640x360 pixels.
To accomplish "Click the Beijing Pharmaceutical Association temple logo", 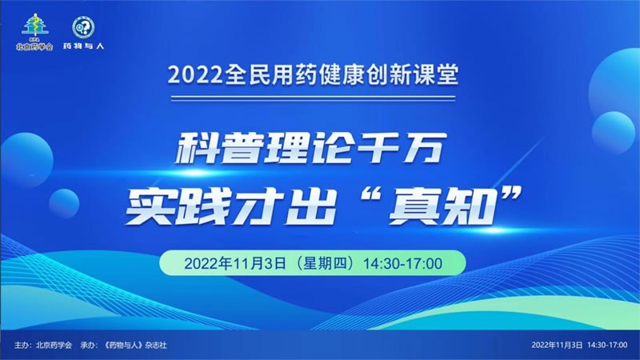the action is pyautogui.click(x=35, y=26).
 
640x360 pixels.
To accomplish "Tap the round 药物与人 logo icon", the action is pyautogui.click(x=84, y=28).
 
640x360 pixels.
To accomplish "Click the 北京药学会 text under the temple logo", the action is pyautogui.click(x=34, y=46).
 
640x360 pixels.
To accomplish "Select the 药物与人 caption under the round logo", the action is pyautogui.click(x=84, y=46).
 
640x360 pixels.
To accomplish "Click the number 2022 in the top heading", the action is pyautogui.click(x=195, y=75).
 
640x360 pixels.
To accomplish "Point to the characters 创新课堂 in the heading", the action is pyautogui.click(x=412, y=74).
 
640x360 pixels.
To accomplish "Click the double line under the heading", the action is pyautogui.click(x=313, y=98).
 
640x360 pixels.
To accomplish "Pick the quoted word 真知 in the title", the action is pyautogui.click(x=441, y=208).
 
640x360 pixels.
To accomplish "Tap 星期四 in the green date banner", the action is pyautogui.click(x=325, y=263).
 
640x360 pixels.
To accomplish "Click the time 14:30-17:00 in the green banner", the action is pyautogui.click(x=402, y=264).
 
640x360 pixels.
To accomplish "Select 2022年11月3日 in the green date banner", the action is pyautogui.click(x=235, y=264).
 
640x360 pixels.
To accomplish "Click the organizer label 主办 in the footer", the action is pyautogui.click(x=22, y=346).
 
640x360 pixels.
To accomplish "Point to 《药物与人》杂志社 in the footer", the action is pyautogui.click(x=136, y=346).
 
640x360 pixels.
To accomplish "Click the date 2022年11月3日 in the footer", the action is pyautogui.click(x=557, y=346).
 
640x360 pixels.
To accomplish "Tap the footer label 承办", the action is pyautogui.click(x=88, y=346).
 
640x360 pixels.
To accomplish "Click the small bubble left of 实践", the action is pyautogui.click(x=64, y=203).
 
